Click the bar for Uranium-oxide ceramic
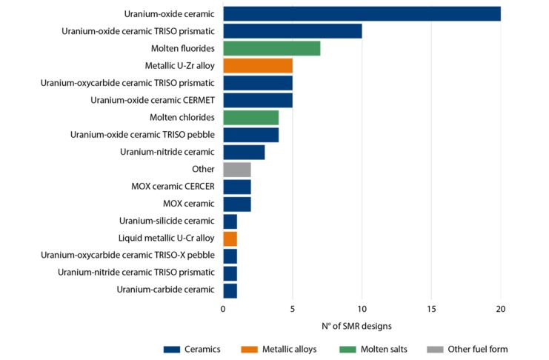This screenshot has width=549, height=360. point(362,13)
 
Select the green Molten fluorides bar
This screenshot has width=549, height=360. point(271,48)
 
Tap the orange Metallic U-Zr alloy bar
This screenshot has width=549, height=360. point(258,65)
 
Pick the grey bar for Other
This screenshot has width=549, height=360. point(237,169)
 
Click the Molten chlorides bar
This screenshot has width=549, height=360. point(250,117)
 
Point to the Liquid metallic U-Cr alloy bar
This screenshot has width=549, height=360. point(230,239)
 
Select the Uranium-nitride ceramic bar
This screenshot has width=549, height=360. point(244,152)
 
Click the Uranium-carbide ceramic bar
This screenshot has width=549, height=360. point(230,290)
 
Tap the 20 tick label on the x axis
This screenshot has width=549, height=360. point(500,309)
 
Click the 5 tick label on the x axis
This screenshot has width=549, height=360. point(293,309)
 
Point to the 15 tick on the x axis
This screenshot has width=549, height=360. point(431,309)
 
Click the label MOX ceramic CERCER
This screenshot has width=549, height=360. point(167,187)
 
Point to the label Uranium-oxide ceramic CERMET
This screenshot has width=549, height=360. point(153,100)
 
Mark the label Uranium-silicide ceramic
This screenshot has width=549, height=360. point(167,221)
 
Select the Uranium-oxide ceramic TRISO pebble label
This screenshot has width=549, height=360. point(142,135)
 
